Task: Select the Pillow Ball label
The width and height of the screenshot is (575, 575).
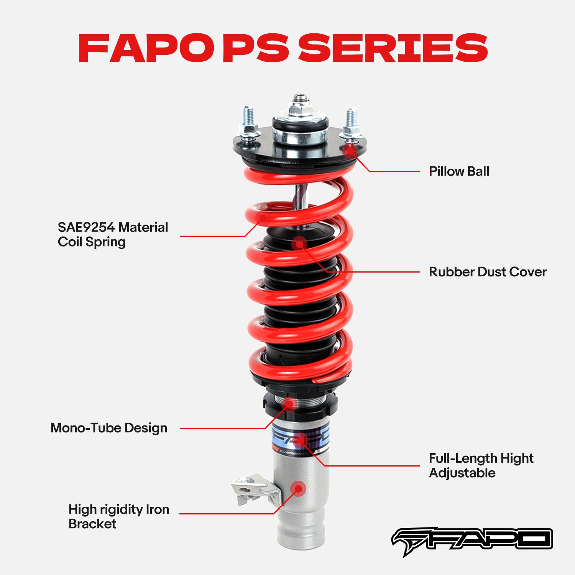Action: click(x=459, y=171)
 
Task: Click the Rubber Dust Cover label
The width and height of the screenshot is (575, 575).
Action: click(x=487, y=272)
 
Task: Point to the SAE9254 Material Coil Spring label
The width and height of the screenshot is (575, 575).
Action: click(x=113, y=234)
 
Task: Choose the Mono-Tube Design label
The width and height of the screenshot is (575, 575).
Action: click(x=109, y=428)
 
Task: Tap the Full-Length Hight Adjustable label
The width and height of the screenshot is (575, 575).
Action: click(x=481, y=465)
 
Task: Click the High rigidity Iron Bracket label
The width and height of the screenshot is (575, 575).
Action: click(x=118, y=516)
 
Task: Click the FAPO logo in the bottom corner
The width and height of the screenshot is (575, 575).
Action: click(x=472, y=540)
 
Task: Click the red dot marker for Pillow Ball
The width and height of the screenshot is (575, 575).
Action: click(x=350, y=150)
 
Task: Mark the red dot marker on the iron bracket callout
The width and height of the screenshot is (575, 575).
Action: click(x=298, y=489)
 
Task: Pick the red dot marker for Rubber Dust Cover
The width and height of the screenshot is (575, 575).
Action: click(x=299, y=243)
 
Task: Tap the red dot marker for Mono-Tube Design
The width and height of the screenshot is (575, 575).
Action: click(x=289, y=404)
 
